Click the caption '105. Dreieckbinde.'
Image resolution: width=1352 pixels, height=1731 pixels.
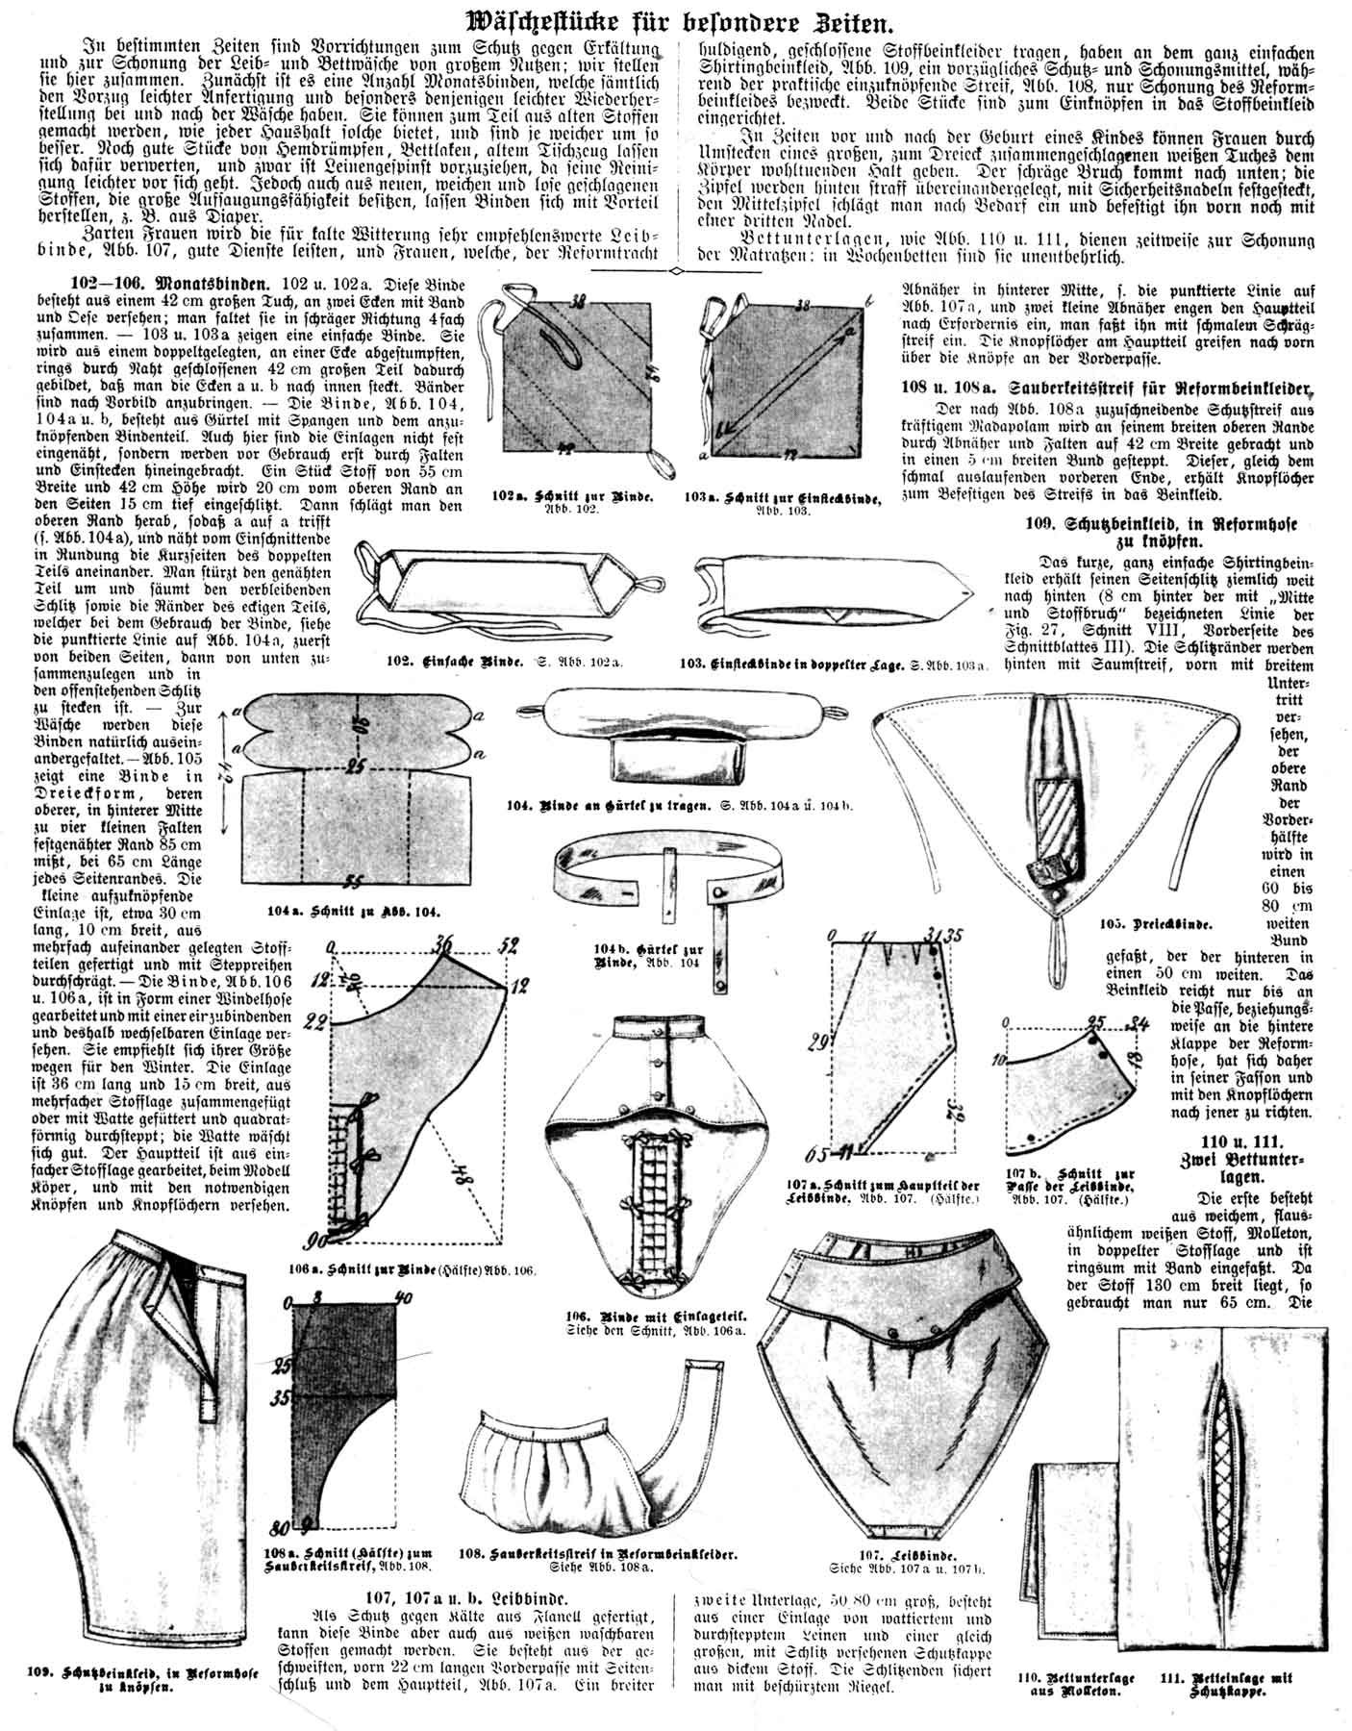tap(1157, 924)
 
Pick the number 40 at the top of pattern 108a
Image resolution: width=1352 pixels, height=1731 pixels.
tap(404, 1298)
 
